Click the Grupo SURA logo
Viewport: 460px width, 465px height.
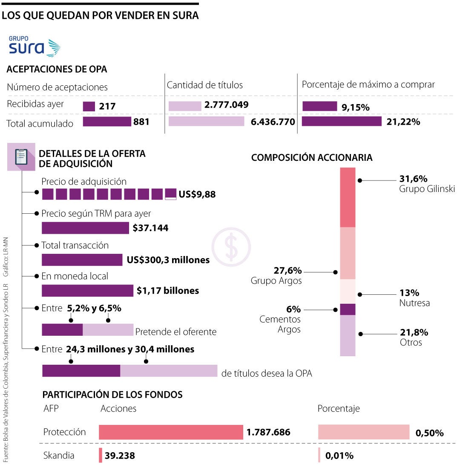click(34, 46)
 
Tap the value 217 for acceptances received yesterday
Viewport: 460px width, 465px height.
click(107, 106)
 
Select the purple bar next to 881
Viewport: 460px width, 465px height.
click(107, 122)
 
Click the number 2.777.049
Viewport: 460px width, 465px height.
click(226, 105)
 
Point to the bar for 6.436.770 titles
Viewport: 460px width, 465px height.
click(207, 122)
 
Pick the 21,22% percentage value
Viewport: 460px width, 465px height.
click(404, 122)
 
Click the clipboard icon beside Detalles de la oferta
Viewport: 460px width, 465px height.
click(21, 157)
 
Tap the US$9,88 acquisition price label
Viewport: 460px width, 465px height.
click(197, 195)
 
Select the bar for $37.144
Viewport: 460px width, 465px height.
click(85, 228)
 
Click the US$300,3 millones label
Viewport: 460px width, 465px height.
click(168, 259)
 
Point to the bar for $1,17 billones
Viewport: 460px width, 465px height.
click(87, 291)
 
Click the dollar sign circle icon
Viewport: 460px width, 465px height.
click(231, 247)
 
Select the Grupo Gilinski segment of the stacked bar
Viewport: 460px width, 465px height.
click(348, 197)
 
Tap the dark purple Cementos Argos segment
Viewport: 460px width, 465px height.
click(348, 309)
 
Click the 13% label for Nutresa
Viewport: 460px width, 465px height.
click(409, 293)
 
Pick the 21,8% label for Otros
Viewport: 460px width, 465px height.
click(414, 332)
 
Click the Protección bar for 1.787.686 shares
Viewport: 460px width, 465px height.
click(171, 432)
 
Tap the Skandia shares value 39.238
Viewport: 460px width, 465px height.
click(120, 456)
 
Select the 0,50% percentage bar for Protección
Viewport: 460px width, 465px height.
click(364, 432)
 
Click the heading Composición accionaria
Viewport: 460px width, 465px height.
click(312, 157)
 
